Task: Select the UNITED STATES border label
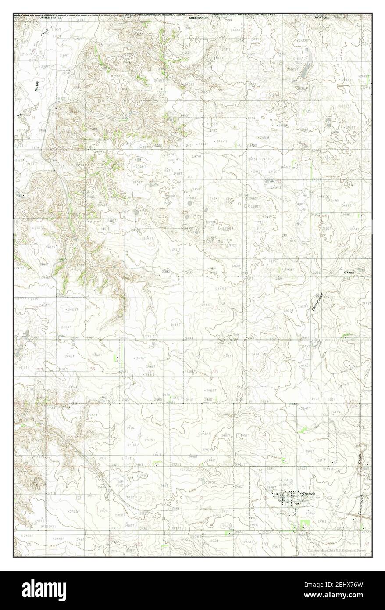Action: pos(51,17)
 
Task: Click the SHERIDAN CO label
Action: pos(199,18)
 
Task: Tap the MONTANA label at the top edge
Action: pos(321,17)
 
